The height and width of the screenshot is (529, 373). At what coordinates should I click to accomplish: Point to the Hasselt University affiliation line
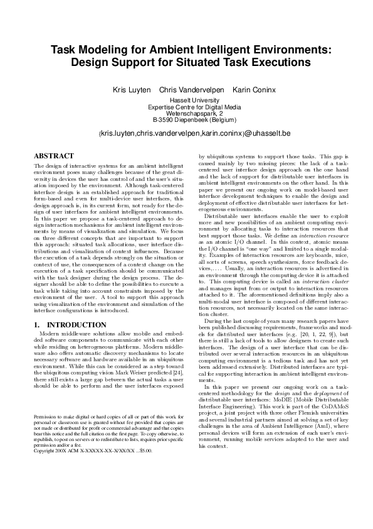point(186,102)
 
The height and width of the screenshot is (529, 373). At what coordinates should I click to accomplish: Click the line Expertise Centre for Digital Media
point(186,107)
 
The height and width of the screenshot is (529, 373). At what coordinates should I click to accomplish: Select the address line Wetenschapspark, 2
point(186,113)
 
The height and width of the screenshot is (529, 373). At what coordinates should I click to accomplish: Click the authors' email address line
point(186,134)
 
